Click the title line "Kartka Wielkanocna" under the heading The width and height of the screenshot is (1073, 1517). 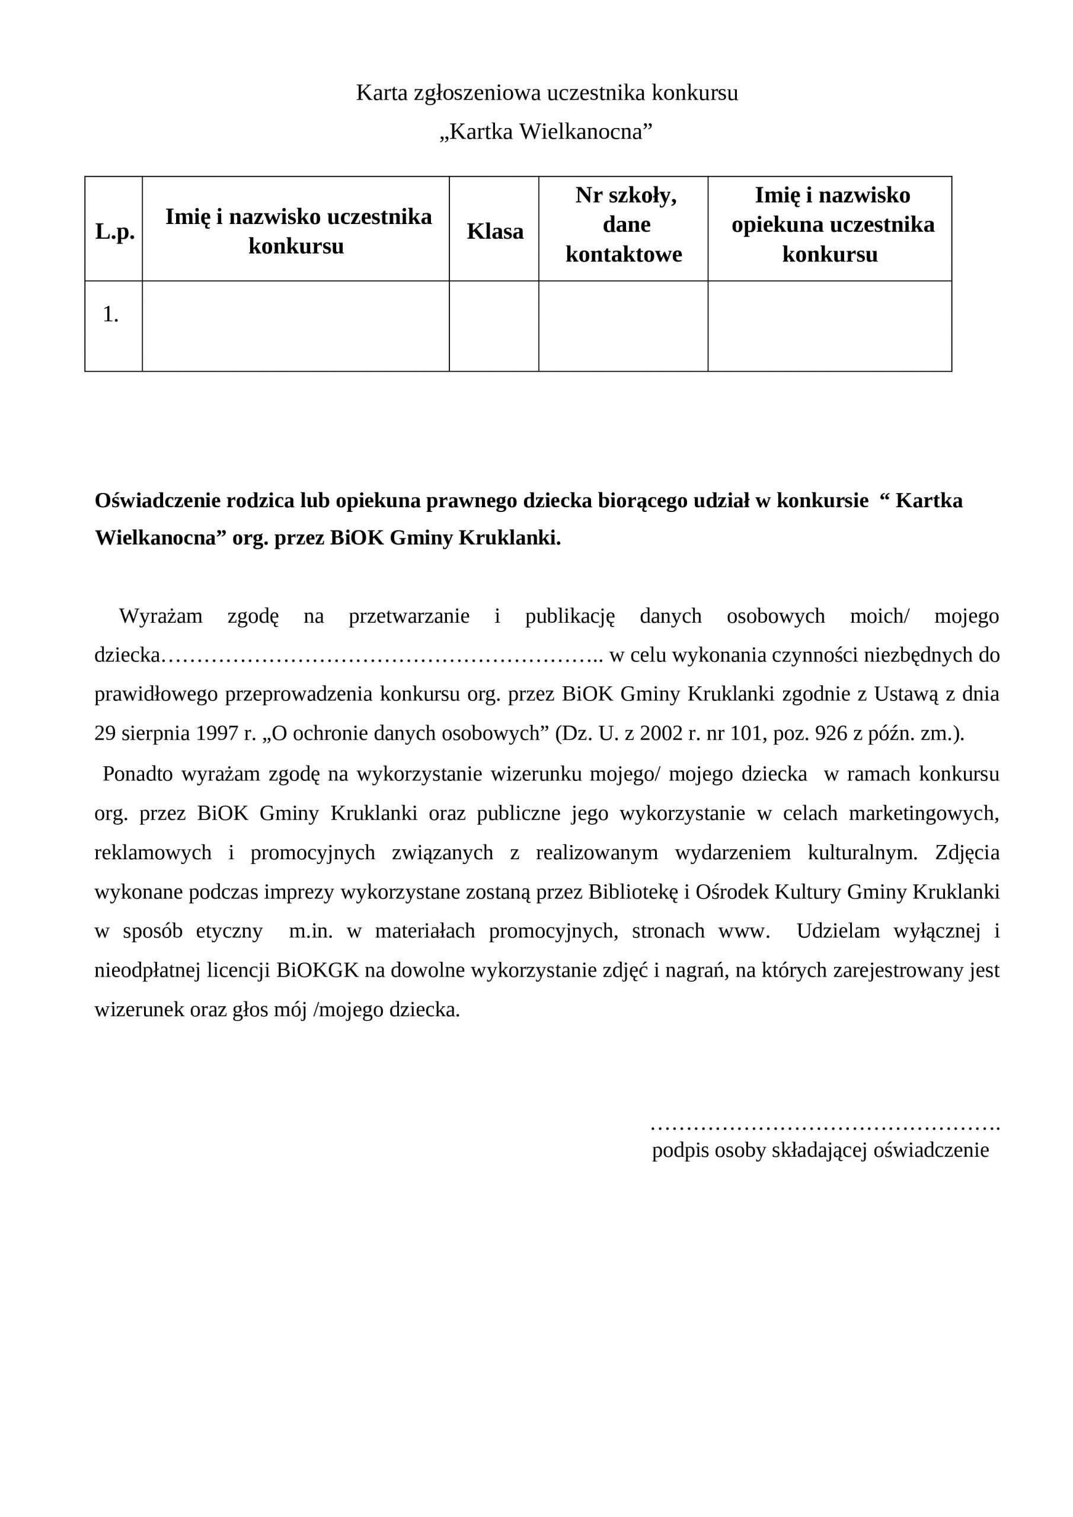546,132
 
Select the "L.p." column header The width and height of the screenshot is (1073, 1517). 114,231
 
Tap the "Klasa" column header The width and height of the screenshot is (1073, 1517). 494,231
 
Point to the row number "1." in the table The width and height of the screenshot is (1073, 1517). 110,315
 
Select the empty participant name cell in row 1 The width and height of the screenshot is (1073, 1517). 296,326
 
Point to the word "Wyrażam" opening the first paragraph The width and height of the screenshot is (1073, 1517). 161,616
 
